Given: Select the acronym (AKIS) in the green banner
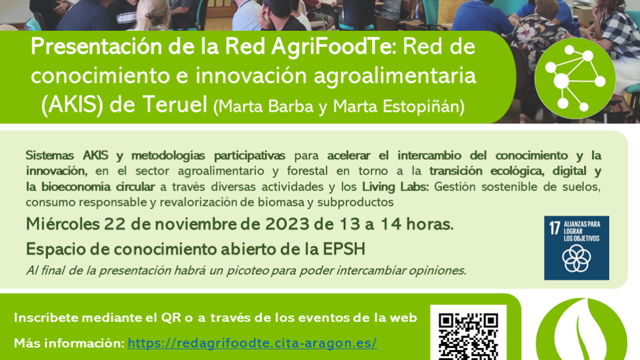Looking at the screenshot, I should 71,105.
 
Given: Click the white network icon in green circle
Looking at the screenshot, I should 574,78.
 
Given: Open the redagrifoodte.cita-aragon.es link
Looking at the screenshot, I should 252,343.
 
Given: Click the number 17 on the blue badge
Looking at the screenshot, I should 553,228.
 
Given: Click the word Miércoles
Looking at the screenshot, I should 62,225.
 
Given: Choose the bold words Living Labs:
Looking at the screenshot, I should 395,187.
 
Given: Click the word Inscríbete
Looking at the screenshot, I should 45,318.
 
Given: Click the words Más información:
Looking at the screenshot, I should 69,343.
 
